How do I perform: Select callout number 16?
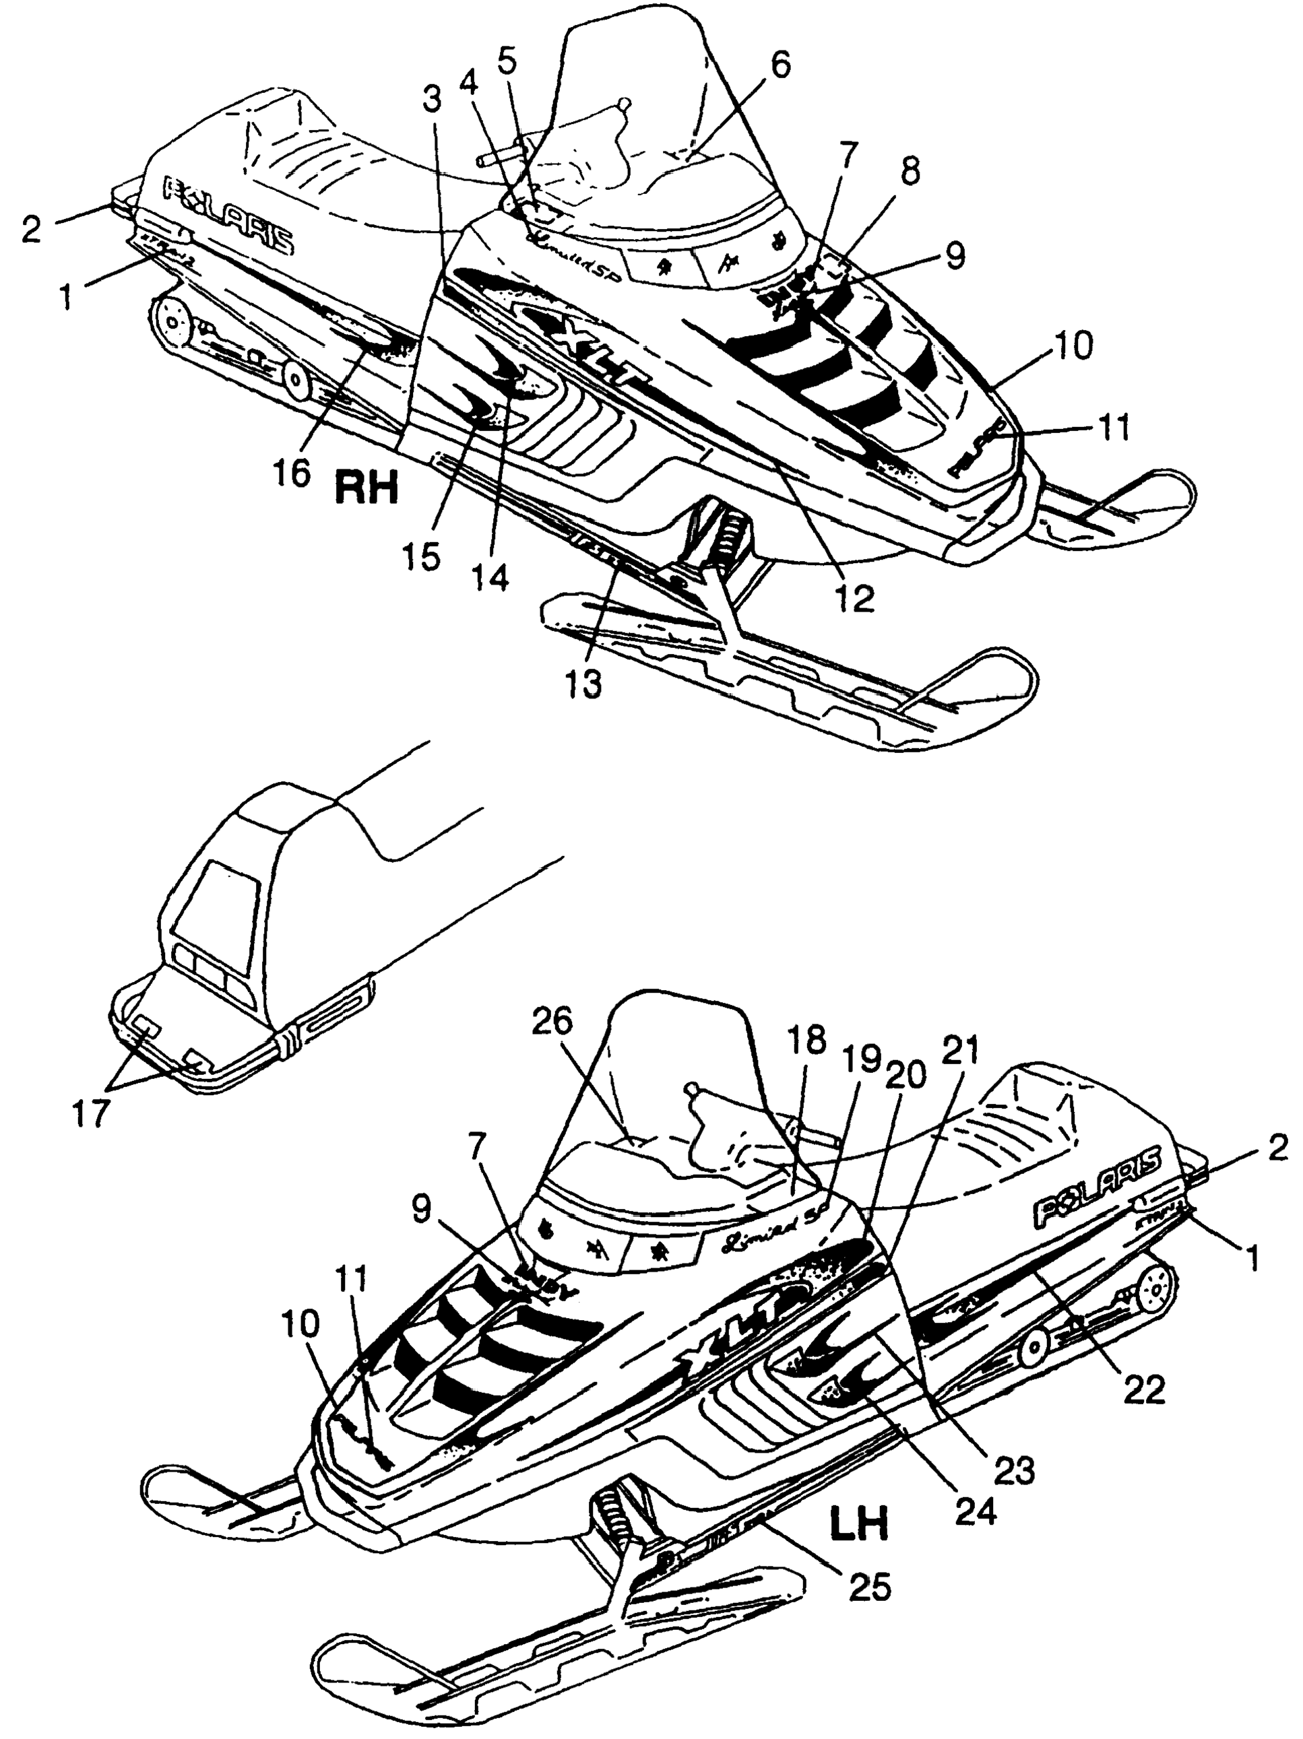click(x=292, y=473)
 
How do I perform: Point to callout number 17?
click(x=90, y=1113)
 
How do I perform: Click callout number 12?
click(x=855, y=599)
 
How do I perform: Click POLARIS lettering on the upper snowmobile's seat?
click(x=229, y=217)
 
